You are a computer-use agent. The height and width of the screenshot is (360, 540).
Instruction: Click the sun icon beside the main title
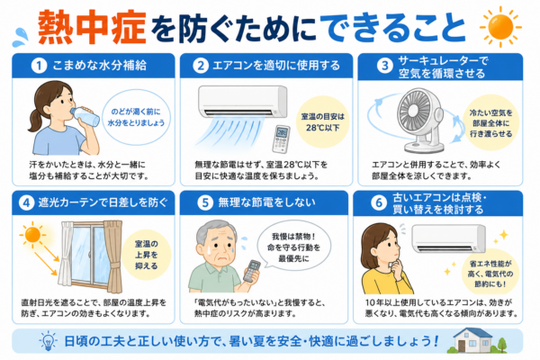[x=500, y=26]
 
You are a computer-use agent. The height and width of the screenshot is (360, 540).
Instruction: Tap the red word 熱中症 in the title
[x=93, y=28]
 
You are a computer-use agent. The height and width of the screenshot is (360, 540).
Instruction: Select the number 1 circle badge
[x=39, y=66]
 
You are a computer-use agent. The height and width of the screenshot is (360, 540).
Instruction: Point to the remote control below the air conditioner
[x=281, y=139]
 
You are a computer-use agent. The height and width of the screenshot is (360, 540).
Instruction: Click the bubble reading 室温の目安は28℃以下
[x=323, y=122]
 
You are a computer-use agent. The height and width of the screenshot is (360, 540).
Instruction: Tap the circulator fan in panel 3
[x=420, y=121]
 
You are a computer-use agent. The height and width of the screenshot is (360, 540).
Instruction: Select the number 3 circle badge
[x=384, y=66]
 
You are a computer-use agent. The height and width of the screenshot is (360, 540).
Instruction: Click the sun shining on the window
[x=32, y=234]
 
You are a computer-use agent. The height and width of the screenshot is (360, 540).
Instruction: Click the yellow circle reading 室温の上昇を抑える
[x=147, y=255]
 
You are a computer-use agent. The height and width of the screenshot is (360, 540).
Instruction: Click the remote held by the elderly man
[x=252, y=271]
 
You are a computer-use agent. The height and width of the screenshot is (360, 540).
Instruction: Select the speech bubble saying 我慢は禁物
[x=293, y=246]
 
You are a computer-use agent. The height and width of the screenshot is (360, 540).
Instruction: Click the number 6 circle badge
[x=379, y=202]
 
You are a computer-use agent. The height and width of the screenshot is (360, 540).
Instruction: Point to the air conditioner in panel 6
[x=448, y=238]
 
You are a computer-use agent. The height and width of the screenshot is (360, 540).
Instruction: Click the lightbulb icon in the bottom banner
[x=48, y=340]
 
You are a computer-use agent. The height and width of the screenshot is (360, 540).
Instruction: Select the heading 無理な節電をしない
[x=267, y=202]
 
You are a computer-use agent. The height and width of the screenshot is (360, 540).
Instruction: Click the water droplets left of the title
[x=21, y=37]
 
